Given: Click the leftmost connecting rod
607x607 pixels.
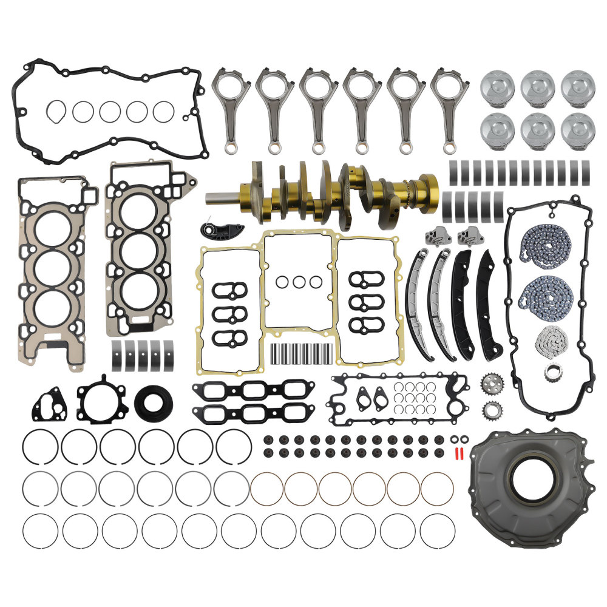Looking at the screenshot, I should pyautogui.click(x=230, y=109).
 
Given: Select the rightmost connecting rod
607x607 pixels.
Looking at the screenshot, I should pyautogui.click(x=450, y=109).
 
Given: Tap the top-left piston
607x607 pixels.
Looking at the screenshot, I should pyautogui.click(x=498, y=87).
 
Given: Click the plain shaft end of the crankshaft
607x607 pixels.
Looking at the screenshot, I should pyautogui.click(x=225, y=198).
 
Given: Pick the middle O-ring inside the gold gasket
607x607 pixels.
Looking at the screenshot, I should pyautogui.click(x=299, y=282).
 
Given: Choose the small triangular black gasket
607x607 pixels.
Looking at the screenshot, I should pyautogui.click(x=47, y=405).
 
